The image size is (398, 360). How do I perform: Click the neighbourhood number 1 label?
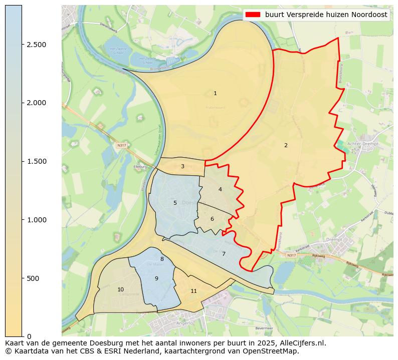(215, 94)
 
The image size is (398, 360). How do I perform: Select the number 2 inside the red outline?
(286, 146)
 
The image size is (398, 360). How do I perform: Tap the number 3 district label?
(182, 167)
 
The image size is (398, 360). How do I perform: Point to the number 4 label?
(220, 190)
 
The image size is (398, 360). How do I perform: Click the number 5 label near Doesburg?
(175, 203)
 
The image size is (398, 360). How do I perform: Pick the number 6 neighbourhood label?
(212, 219)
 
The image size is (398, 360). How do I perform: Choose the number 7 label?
(224, 254)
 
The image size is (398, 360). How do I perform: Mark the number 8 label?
(162, 259)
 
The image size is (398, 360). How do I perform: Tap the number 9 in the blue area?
(156, 279)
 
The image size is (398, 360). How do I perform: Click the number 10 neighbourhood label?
(120, 290)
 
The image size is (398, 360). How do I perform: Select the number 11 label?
(193, 291)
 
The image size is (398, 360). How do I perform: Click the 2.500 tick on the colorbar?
(36, 45)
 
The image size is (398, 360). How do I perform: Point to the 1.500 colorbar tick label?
(36, 161)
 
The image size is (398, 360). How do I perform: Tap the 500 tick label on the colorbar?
(33, 278)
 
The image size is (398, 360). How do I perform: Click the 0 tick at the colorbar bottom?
(29, 336)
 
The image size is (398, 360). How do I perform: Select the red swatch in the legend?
(253, 15)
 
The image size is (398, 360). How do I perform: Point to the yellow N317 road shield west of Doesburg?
(120, 145)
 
